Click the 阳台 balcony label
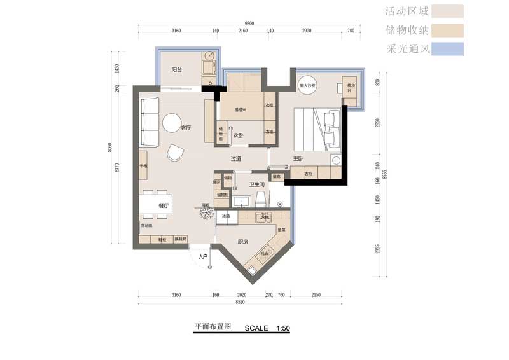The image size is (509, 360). click(178, 70)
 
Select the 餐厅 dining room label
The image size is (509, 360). click(164, 205)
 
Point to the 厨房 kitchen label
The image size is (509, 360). click(242, 242)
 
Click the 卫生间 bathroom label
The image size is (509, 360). click(256, 185)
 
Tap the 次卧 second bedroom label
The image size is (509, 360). click(239, 135)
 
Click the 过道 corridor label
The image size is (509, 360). click(236, 158)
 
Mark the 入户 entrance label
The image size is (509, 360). click(203, 256)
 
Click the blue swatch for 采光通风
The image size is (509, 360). click(447, 48)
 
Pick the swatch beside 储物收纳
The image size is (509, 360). click(447, 30)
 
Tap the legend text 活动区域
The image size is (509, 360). click(408, 11)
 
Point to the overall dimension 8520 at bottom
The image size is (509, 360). click(240, 303)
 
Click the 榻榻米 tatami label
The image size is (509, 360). click(241, 110)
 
